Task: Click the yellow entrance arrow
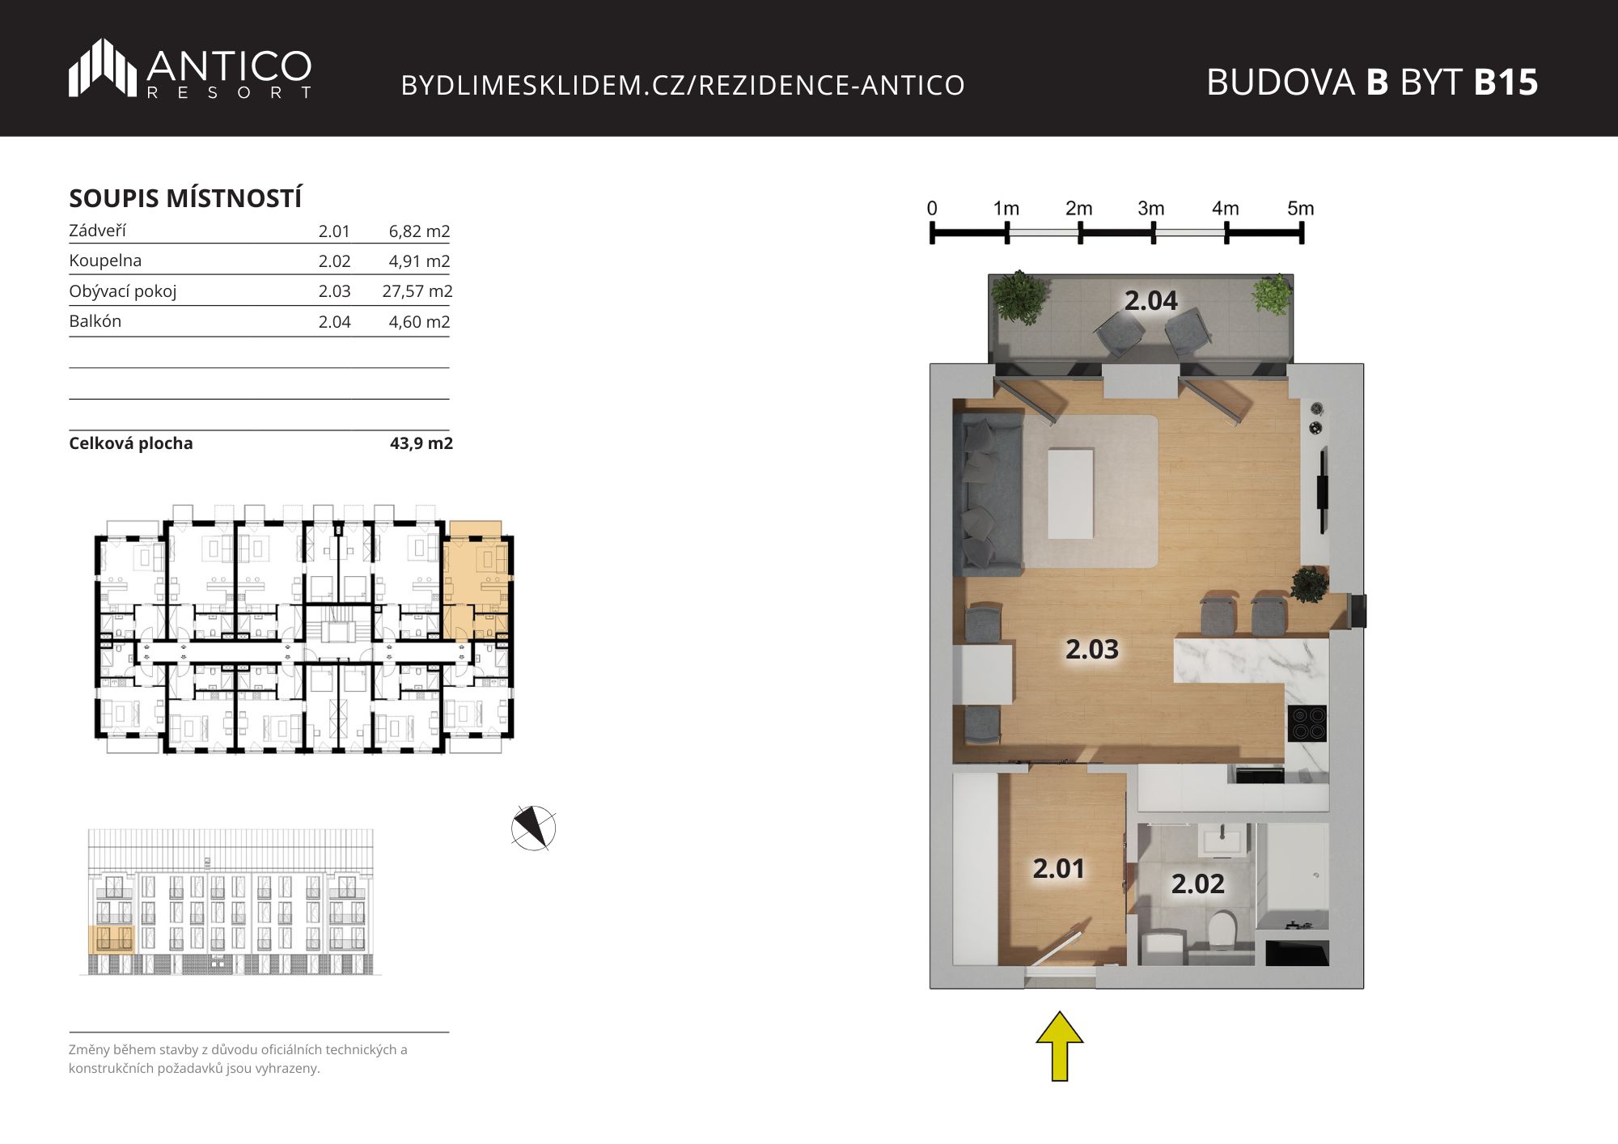coord(1060,1046)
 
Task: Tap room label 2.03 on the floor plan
coord(1091,649)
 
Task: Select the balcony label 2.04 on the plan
coord(1150,301)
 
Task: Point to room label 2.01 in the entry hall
coord(1058,868)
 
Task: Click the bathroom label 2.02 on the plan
coord(1197,883)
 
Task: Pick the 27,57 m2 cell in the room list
coord(417,291)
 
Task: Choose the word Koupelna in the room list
coord(105,261)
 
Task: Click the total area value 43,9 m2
coord(421,443)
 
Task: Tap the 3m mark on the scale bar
coord(1150,209)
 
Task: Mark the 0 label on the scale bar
coord(932,209)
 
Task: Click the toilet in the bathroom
coord(1220,929)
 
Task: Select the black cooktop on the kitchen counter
coord(1307,723)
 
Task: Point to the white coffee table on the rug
coord(1070,494)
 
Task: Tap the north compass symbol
coord(534,828)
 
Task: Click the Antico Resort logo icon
coord(103,68)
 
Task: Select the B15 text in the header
coord(1506,82)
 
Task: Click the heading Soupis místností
coord(185,198)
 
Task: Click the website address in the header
coord(683,85)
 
